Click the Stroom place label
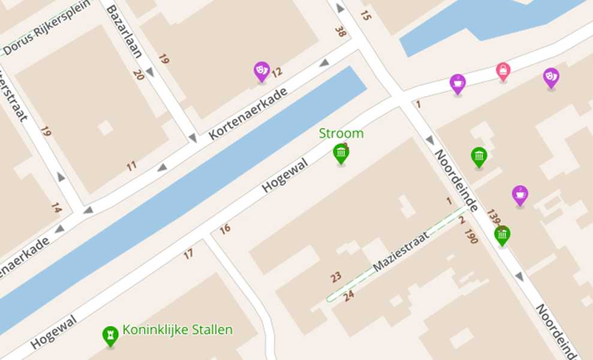tap(341, 133)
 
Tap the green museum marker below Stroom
tap(341, 153)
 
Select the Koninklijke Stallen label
tap(177, 329)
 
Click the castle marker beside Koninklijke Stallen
tap(110, 335)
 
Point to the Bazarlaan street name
tap(125, 31)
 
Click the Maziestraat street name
tap(401, 251)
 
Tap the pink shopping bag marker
tap(503, 71)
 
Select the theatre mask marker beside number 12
tap(261, 71)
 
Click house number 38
tap(341, 32)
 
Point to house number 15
tap(366, 16)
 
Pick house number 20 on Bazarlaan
tap(139, 74)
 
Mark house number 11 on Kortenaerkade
tap(131, 166)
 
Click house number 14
tap(56, 208)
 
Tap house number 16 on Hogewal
tap(225, 229)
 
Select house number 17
tap(189, 254)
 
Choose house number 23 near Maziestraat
tap(336, 277)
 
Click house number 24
tap(348, 295)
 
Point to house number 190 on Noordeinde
tap(471, 236)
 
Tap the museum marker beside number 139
tap(502, 235)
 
